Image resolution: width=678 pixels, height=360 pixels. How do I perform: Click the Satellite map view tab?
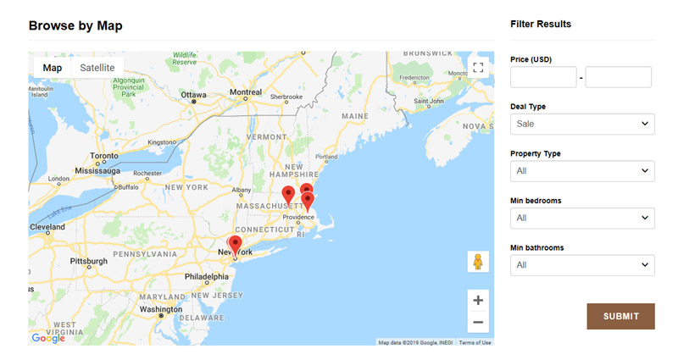click(97, 68)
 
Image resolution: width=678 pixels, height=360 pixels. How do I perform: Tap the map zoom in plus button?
click(478, 300)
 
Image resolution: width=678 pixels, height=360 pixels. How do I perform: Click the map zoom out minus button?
click(478, 322)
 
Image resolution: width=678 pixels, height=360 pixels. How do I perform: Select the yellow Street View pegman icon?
click(478, 262)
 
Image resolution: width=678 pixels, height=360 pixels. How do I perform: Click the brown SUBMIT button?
click(620, 316)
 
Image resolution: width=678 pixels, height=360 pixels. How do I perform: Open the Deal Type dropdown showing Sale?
click(582, 125)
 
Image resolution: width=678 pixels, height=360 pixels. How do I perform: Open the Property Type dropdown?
click(582, 171)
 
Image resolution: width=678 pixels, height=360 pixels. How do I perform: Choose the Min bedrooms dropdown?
click(582, 218)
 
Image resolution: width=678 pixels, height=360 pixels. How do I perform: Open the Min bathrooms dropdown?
click(582, 265)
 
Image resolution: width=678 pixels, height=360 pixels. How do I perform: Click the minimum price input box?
click(543, 77)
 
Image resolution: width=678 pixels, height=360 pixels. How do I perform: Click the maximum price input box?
click(618, 77)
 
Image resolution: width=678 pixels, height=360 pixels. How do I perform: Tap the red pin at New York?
click(235, 245)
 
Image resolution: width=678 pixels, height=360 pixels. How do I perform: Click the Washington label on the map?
click(160, 309)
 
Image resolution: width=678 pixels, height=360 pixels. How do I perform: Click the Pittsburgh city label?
click(88, 262)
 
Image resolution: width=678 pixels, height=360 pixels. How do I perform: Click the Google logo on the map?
click(48, 338)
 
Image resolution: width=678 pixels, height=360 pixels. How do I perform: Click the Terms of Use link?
click(475, 342)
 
